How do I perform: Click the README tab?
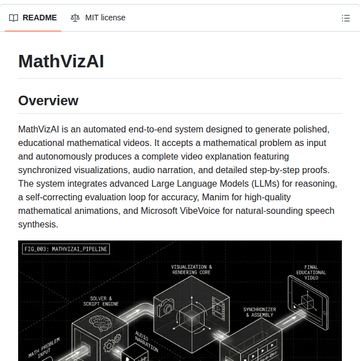point(40,18)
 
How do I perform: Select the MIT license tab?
point(105,18)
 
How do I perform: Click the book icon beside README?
point(14,18)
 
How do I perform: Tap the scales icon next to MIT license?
point(75,18)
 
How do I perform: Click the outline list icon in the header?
point(346,18)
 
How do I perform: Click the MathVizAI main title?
point(61,61)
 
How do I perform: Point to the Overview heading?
point(48,101)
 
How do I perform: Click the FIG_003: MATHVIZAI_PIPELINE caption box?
point(66,248)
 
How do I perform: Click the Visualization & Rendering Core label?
point(192,269)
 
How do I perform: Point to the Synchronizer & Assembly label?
point(259,312)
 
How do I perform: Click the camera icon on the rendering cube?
point(166,308)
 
